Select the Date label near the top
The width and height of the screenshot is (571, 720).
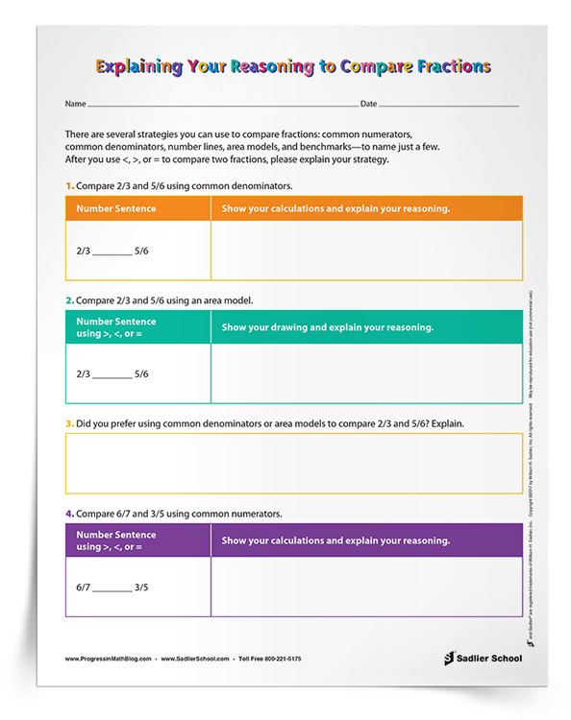368,103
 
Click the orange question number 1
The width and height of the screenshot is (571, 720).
68,184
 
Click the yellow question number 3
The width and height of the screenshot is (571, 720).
68,422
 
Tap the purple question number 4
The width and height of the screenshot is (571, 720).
68,514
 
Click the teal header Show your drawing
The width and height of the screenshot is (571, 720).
327,327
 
